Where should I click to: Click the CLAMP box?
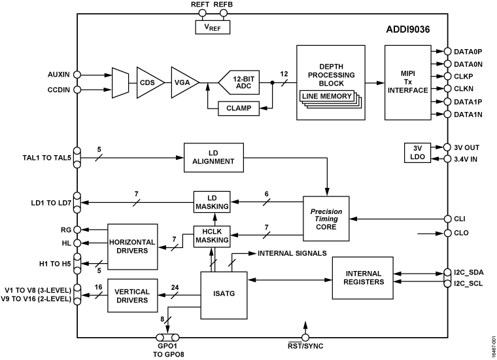[238, 107]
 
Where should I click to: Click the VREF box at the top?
[212, 27]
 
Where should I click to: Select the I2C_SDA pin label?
[468, 270]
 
